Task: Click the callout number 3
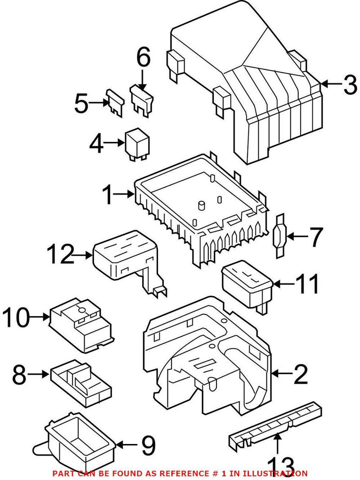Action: click(x=350, y=85)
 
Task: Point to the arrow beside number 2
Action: click(x=283, y=373)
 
